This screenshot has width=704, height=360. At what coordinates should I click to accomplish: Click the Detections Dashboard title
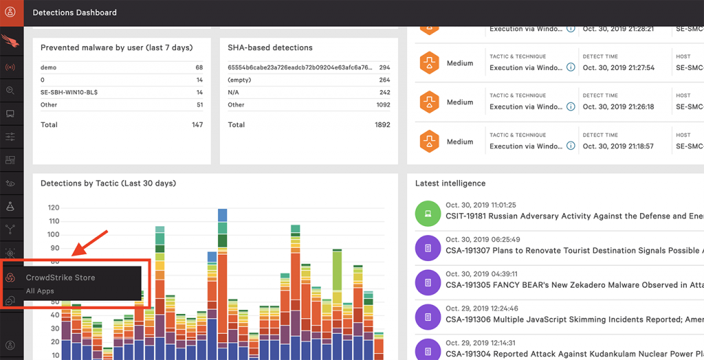[x=74, y=12]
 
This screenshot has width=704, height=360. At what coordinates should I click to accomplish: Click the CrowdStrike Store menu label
[x=60, y=278]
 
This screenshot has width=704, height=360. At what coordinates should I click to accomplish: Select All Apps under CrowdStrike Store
[x=40, y=291]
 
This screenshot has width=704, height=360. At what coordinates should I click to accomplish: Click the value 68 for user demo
[x=199, y=67]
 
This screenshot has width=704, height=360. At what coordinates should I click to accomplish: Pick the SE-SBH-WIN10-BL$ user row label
[x=69, y=92]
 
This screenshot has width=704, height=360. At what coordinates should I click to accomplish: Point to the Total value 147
[x=197, y=125]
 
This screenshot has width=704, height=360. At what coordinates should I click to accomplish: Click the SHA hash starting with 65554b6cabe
[x=300, y=67]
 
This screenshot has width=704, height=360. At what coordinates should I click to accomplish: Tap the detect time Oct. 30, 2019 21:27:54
[x=618, y=68]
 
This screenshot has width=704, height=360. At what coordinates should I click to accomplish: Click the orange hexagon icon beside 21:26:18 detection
[x=430, y=102]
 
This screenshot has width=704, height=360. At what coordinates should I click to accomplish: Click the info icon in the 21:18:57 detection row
[x=570, y=146]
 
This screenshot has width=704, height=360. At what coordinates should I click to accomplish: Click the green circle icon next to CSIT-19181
[x=428, y=214]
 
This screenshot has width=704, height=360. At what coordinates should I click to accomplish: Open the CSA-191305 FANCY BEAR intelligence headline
[x=564, y=284]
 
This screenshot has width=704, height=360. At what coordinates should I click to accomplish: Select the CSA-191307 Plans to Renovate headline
[x=564, y=250]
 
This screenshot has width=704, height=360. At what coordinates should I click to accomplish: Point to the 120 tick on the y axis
[x=53, y=207]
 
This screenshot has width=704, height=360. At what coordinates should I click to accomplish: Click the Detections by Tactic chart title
[x=108, y=183]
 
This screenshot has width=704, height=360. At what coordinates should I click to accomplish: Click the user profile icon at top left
[x=11, y=12]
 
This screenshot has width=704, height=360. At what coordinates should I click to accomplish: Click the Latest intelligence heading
[x=450, y=183]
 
